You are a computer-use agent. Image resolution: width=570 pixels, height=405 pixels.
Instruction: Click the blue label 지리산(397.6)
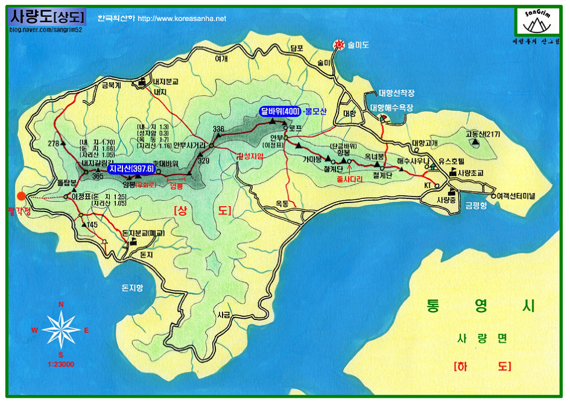click(131, 169)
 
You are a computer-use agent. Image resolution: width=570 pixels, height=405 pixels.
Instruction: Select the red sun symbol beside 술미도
click(339, 45)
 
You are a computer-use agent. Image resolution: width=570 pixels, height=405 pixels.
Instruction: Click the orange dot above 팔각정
click(21, 196)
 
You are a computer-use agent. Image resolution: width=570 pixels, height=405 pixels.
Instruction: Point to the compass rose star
click(61, 330)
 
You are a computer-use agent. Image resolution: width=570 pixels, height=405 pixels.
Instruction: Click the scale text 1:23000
click(60, 364)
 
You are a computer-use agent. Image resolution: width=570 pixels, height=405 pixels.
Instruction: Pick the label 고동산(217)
click(482, 134)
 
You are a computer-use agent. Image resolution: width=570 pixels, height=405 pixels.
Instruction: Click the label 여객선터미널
click(516, 196)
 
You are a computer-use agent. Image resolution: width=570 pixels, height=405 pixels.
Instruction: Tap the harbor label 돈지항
click(132, 288)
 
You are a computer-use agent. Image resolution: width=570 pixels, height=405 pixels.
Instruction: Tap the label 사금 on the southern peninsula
click(224, 315)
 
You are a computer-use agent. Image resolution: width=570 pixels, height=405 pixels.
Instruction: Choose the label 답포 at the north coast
click(296, 48)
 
